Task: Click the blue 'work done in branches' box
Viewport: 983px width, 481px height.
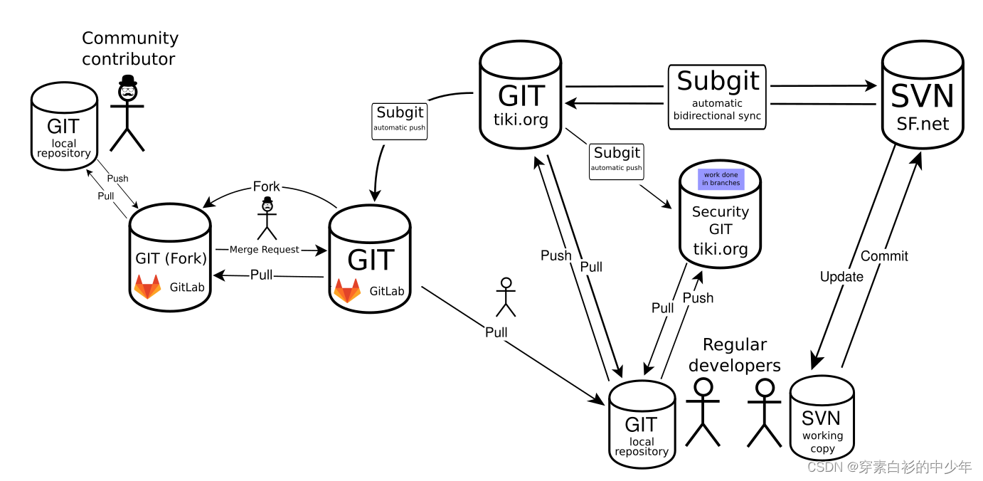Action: coord(721,179)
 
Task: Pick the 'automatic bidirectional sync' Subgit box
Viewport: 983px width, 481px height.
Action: coord(717,97)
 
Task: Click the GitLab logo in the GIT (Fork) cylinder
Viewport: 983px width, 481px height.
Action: coord(147,287)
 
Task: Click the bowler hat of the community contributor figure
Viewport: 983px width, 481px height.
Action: coord(127,80)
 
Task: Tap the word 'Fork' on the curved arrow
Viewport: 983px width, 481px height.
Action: coord(266,187)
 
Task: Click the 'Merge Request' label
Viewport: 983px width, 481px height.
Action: coord(264,250)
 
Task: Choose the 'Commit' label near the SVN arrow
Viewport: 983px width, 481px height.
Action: coord(884,256)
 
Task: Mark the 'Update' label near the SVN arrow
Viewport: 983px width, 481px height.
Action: coord(841,277)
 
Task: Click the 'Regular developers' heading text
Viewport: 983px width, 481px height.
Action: coord(735,355)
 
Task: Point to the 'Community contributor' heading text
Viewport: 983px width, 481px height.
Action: coord(129,48)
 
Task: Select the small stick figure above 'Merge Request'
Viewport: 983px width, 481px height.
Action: coord(267,218)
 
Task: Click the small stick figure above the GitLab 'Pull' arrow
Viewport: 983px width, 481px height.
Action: coord(505,297)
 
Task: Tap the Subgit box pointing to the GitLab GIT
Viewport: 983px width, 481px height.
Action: coord(400,117)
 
